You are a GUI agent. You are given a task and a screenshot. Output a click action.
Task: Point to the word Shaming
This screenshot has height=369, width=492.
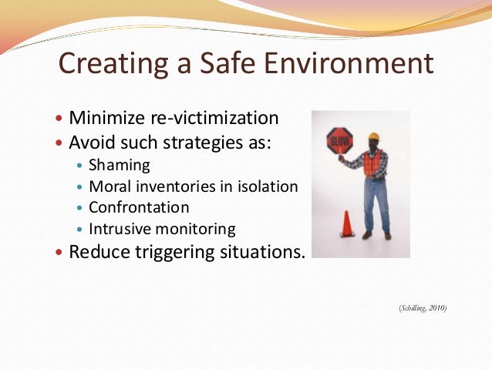tap(120, 164)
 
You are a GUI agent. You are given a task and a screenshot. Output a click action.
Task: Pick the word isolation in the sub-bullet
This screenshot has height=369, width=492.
tap(266, 186)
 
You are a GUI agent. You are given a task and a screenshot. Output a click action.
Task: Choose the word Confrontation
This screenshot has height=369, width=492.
tap(139, 207)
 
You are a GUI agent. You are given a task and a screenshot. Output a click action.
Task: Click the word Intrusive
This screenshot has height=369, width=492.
tap(118, 229)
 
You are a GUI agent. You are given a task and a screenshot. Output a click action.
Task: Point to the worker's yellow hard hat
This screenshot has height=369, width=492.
tap(374, 136)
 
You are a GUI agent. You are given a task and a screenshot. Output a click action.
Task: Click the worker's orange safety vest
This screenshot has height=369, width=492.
tap(372, 163)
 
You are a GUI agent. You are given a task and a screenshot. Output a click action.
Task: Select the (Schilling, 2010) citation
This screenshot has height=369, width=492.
tap(423, 308)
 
